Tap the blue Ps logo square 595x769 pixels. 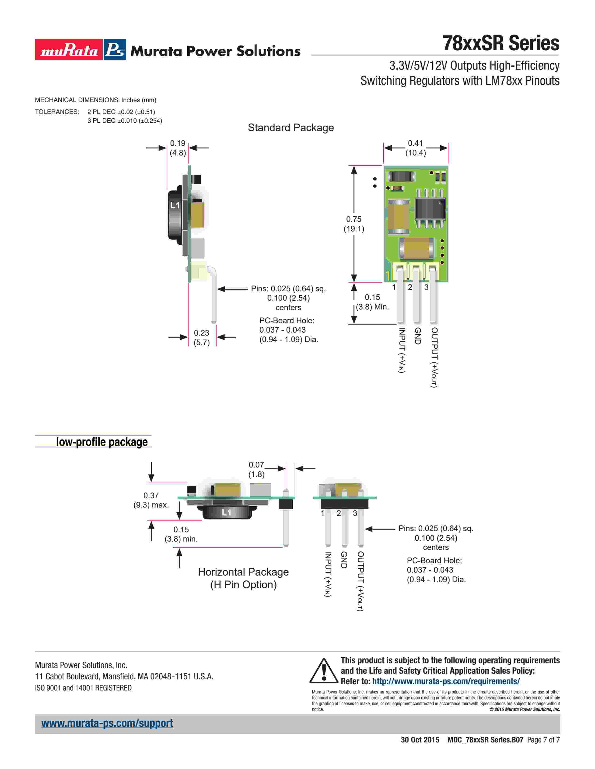tap(115, 50)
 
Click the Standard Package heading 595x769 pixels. tap(291, 127)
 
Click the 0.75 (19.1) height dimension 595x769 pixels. tap(354, 224)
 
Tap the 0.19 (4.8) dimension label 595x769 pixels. tap(178, 148)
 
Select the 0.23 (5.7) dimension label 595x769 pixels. tap(202, 338)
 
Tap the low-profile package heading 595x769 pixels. tap(102, 442)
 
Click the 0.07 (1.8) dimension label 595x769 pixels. tap(256, 469)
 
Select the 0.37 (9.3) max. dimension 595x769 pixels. tap(151, 500)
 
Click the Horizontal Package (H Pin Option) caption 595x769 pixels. tap(243, 578)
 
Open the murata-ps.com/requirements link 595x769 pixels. tap(446, 681)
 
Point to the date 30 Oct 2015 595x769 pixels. tap(420, 740)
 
